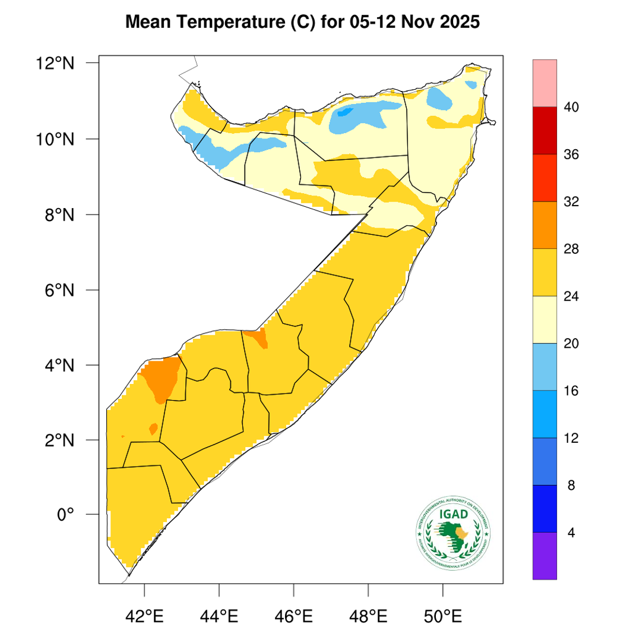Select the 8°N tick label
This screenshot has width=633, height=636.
pyautogui.click(x=60, y=215)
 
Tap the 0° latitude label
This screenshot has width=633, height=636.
pyautogui.click(x=65, y=514)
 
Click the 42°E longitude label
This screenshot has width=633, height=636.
pyautogui.click(x=145, y=615)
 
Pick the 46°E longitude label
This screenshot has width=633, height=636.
pyautogui.click(x=294, y=615)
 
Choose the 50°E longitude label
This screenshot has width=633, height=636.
pyautogui.click(x=443, y=615)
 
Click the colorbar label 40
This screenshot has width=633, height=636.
pyautogui.click(x=571, y=108)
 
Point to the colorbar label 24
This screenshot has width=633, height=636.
pyautogui.click(x=571, y=296)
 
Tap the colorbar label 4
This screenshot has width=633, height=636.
pyautogui.click(x=571, y=533)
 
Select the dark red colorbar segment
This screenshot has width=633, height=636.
pyautogui.click(x=545, y=131)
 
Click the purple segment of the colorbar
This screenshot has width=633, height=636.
pyautogui.click(x=545, y=555)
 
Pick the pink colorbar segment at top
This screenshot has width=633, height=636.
pyautogui.click(x=545, y=83)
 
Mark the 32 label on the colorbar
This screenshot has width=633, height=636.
pyautogui.click(x=571, y=202)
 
